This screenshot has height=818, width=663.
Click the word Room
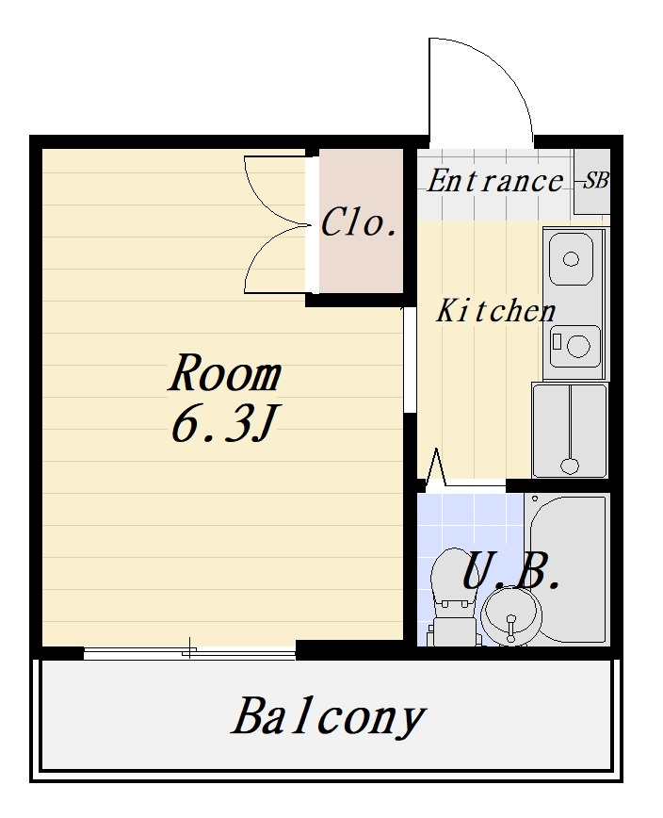coord(225,373)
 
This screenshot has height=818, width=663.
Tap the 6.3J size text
coord(223,424)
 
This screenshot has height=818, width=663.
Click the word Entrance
coord(494,181)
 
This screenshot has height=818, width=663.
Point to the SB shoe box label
coord(595,181)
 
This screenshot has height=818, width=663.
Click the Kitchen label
coord(495,311)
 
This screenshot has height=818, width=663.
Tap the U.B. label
coord(510,573)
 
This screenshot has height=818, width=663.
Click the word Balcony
coord(329,717)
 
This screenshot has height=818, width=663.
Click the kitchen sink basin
coord(572,259)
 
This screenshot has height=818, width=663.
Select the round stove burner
coord(576,346)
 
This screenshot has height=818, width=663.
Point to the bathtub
coord(569,569)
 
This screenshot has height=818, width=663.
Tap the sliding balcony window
coord(189,651)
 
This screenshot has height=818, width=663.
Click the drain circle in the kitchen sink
coord(572,259)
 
